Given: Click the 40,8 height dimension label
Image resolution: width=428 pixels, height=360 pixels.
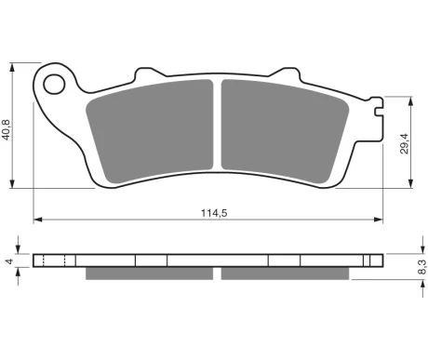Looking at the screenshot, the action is (7, 129).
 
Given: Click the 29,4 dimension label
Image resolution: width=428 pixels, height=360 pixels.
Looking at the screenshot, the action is (405, 143).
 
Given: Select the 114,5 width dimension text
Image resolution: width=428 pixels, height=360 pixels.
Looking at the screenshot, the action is (214, 213).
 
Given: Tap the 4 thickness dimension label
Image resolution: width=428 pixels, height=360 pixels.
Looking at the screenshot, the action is (10, 261).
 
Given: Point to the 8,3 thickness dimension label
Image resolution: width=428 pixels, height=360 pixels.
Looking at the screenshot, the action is (422, 267).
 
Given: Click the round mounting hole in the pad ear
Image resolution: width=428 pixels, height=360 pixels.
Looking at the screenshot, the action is (54, 84).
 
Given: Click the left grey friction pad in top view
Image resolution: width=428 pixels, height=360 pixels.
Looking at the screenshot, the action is (150, 131).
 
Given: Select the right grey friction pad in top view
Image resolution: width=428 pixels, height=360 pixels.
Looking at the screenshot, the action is (285, 131).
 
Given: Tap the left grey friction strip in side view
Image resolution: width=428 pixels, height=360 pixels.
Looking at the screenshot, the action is (150, 273).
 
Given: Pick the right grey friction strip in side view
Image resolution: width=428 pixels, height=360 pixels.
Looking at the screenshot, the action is (285, 273).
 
